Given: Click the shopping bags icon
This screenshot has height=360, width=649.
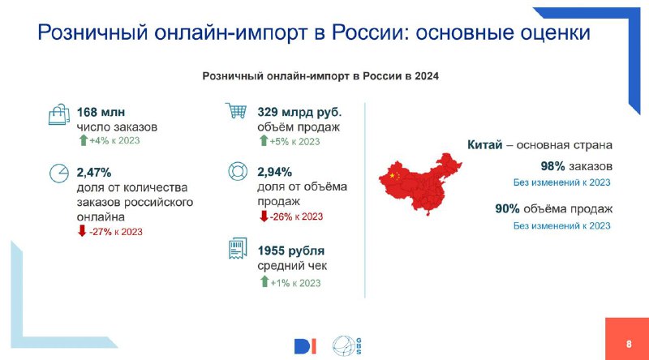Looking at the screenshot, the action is pos(58,114).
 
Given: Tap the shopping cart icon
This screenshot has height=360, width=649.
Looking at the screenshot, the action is pos(236,110).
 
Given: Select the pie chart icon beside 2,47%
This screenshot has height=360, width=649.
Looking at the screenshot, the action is pos(58,173).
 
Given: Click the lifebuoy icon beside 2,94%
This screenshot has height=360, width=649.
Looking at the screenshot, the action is pos(238,171).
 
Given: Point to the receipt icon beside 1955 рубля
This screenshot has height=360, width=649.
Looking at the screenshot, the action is pos(238,248).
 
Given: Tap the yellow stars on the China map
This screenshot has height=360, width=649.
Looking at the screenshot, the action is pos(394,175).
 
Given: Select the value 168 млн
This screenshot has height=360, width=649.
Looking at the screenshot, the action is pos(101,112).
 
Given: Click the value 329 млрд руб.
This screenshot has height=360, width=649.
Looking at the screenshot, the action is pos(299,112).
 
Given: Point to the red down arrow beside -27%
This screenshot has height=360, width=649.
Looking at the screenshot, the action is pos(82,230).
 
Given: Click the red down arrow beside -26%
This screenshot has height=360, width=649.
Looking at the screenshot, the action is pos(264,216).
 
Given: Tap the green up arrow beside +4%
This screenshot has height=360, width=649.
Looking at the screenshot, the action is pos(84,139).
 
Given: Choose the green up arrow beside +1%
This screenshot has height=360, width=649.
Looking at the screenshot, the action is pos(264,282).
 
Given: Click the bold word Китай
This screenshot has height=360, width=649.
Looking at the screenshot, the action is pos(484,145).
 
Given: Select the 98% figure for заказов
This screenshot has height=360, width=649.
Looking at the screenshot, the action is pos(552,166).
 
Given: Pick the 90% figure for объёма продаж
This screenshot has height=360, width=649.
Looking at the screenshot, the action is pos(507,209).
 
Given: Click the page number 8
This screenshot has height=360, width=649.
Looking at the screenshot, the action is pos(630,344).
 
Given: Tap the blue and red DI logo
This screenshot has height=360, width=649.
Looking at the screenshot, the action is pos(305,346).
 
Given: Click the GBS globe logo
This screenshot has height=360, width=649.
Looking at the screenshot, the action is pos(347,346).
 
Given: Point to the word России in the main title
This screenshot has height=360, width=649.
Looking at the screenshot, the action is pos(367,32).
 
